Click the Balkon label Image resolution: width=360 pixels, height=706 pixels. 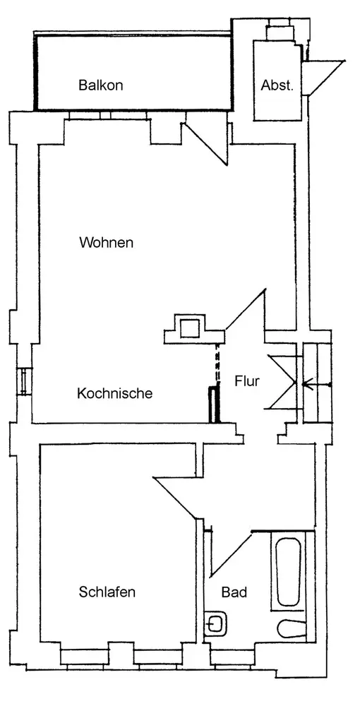[100, 85]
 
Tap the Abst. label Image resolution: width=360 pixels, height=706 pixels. [277, 85]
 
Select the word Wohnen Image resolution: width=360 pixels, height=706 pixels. [106, 243]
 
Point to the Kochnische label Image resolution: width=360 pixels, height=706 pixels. [115, 393]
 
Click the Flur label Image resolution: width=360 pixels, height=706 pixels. [247, 381]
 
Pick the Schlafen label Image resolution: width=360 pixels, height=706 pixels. [107, 592]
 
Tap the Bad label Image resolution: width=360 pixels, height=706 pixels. [234, 592]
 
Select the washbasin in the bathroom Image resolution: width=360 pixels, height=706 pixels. [217, 623]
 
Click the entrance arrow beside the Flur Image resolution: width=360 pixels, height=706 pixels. [317, 385]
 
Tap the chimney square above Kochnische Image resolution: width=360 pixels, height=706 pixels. [190, 328]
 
